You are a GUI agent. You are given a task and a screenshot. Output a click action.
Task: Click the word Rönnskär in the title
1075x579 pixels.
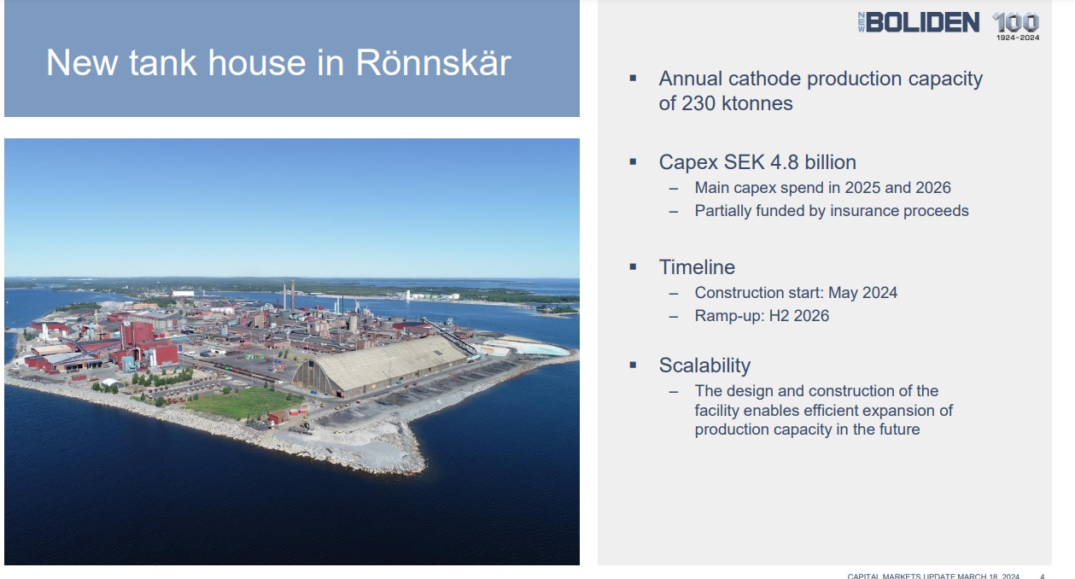(434, 62)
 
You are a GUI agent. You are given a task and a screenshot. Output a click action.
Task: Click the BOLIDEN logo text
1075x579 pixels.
(923, 22)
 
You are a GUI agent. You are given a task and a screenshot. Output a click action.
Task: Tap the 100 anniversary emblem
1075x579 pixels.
(1016, 26)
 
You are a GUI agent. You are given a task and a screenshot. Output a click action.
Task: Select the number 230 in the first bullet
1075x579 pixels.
(698, 103)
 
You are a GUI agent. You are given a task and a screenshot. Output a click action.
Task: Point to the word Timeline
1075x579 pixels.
(697, 267)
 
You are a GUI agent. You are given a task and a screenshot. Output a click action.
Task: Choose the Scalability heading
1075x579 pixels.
(704, 366)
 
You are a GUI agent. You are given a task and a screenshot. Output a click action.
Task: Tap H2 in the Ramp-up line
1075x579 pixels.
(779, 316)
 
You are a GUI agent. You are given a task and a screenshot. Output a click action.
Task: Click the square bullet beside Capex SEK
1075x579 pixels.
(633, 162)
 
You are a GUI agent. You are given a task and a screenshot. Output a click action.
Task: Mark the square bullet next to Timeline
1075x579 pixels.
(633, 267)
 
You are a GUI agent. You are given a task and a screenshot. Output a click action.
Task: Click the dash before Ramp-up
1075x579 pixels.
(674, 316)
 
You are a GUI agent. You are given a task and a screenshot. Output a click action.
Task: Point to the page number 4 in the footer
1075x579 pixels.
(1042, 576)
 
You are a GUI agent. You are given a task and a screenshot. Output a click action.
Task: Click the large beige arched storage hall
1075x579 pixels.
(379, 366)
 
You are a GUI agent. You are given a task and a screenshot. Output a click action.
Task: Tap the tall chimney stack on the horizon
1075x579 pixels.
(293, 295)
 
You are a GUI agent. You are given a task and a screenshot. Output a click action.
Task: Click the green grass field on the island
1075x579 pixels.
(245, 402)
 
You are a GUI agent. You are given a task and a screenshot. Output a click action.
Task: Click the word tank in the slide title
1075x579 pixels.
(163, 62)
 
